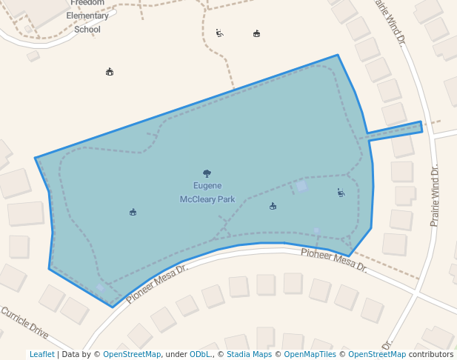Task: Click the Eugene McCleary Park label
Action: [207, 193]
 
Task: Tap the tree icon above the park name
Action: [207, 173]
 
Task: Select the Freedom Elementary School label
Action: [88, 16]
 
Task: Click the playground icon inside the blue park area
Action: [341, 193]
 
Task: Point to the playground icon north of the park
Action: [219, 33]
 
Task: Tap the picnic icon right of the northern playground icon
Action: [256, 33]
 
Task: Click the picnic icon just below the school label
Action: [110, 72]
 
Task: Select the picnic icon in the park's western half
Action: [133, 213]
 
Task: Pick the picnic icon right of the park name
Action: [273, 206]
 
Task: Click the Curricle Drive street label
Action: [25, 324]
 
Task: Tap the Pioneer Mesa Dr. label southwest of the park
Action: [156, 284]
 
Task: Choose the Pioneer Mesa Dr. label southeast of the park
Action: [333, 260]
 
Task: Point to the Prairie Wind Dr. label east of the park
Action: [435, 195]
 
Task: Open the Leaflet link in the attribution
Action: [41, 354]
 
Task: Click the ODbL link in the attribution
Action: [200, 354]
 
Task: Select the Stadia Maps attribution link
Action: [249, 354]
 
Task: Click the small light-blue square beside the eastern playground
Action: [301, 186]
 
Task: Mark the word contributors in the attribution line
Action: [431, 354]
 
